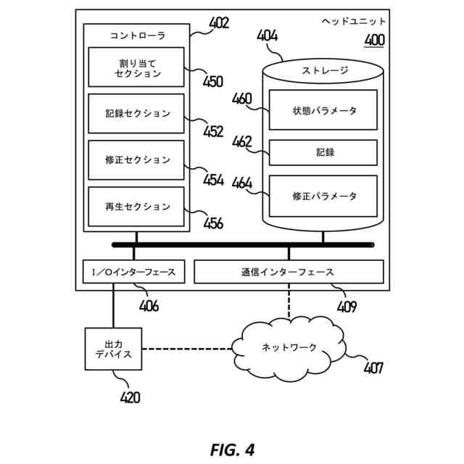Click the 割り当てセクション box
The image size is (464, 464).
tap(136, 67)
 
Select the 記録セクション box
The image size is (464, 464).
tap(136, 113)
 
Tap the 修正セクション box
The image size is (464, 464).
tap(136, 160)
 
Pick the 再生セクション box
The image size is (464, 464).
tap(136, 207)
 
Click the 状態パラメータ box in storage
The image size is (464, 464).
tap(323, 110)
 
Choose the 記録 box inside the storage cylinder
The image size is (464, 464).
tap(323, 152)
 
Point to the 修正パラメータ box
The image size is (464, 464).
tap(323, 196)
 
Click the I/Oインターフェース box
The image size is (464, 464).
tap(134, 272)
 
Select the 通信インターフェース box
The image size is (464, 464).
tap(289, 272)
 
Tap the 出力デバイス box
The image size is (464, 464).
tap(113, 349)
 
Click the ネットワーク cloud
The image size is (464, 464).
tap(288, 348)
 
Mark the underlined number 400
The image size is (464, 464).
tap(374, 41)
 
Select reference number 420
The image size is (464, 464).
tap(130, 397)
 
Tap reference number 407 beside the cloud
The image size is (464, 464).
tap(373, 368)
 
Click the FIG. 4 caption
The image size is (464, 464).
tap(232, 449)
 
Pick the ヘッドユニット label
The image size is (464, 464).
tap(354, 22)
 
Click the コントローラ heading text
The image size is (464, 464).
tap(137, 35)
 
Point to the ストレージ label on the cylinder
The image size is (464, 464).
tap(324, 71)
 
